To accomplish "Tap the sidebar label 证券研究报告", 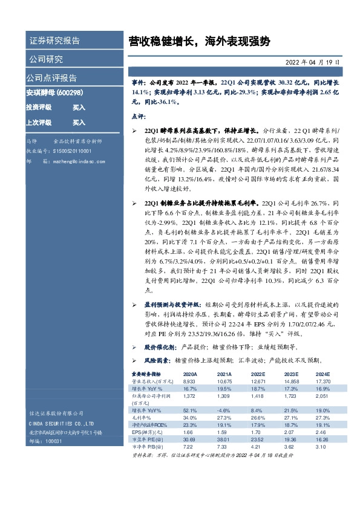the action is click(54, 41).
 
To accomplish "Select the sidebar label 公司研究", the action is click(45, 59).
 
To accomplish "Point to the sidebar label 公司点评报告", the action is click(51, 78).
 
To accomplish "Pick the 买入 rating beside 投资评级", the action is click(79, 107).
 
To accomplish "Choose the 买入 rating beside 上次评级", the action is click(79, 122).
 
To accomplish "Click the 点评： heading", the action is click(139, 115).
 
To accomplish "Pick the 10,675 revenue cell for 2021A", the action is click(224, 383).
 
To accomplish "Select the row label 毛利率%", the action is click(142, 418).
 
